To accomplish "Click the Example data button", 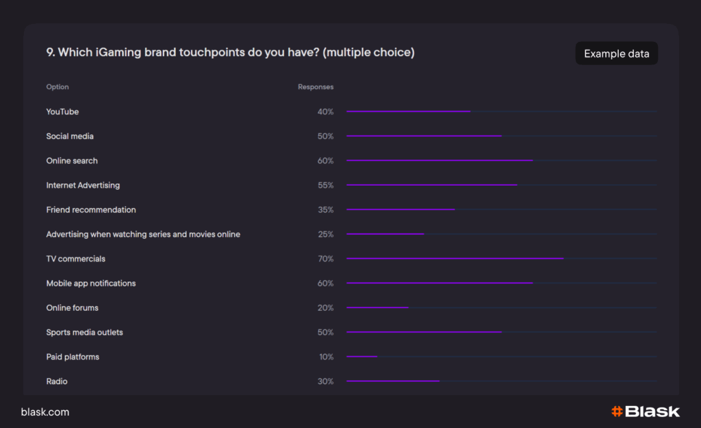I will point(616,53).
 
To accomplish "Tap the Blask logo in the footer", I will point(646,412).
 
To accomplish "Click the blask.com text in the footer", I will point(45,412).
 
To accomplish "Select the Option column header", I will point(58,87).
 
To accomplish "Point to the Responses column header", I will point(316,87).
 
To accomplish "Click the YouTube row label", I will point(62,112).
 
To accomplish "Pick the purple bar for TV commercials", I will point(455,258).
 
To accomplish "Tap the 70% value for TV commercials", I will point(325,259).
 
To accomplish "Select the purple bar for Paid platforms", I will point(362,356).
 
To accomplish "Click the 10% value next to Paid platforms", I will point(325,357).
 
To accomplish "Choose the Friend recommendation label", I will point(91,210).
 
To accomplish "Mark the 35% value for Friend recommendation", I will point(325,210).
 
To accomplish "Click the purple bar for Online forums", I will point(377,307).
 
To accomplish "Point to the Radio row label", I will point(57,381).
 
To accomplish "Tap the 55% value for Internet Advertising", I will point(325,186).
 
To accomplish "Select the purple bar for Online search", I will point(439,160).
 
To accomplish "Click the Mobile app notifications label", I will point(91,284).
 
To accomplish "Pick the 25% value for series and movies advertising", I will point(325,234).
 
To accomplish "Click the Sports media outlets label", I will point(84,332).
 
